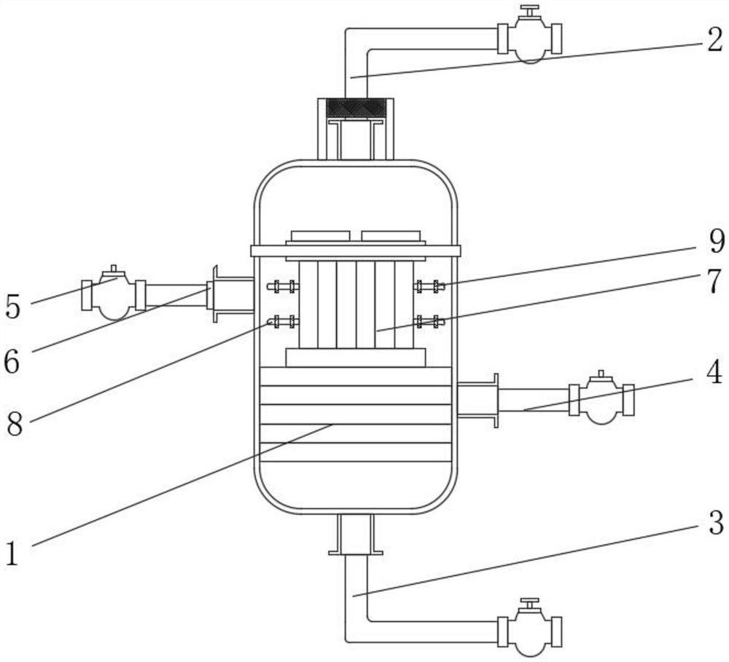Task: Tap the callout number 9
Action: pos(716,241)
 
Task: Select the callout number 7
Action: pos(716,281)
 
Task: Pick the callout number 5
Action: pos(13,307)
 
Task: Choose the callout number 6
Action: pos(12,361)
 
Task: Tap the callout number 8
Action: pos(15,423)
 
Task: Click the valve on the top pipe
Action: pos(529,36)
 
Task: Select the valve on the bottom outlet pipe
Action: pos(529,629)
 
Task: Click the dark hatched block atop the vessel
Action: pos(356,108)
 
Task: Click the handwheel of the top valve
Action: pos(529,8)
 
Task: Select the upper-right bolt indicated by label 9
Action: pos(429,286)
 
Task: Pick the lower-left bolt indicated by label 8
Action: pos(283,321)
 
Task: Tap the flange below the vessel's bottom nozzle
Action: pos(356,552)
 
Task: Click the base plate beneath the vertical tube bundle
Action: pos(356,358)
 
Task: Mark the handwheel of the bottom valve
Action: pos(529,601)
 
